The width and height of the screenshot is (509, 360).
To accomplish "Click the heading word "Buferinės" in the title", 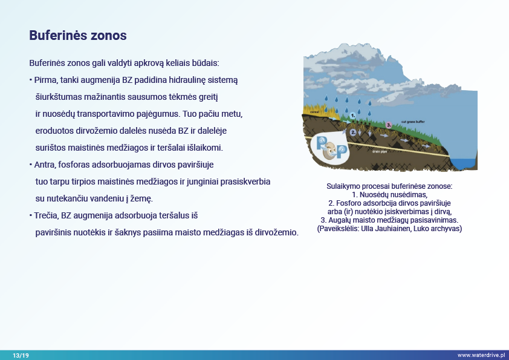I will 54,36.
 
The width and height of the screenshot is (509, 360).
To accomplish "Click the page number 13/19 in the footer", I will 21,355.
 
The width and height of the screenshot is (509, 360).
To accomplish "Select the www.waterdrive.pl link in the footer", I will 481,355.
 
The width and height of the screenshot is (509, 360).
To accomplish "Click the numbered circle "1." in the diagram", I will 352,114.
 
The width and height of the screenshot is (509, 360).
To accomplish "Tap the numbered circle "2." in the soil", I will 352,131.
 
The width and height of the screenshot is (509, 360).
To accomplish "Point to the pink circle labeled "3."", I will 389,124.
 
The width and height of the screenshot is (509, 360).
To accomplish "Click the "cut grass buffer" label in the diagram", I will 413,122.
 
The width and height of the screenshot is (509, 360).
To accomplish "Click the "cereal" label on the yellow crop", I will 314,112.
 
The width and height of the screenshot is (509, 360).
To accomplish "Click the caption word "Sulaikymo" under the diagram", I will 343,186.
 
